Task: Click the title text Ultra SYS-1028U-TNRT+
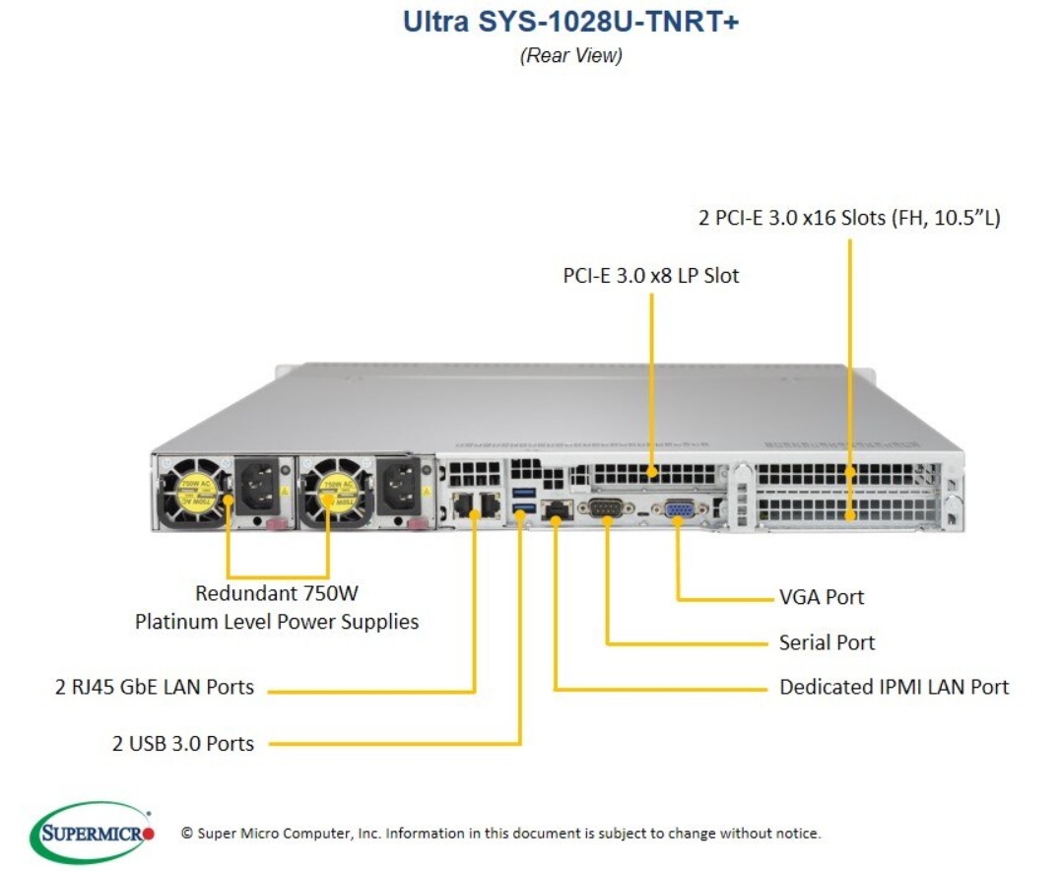[x=570, y=21]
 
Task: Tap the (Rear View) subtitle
[x=570, y=55]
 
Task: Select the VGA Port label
[x=822, y=597]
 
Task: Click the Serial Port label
[x=827, y=642]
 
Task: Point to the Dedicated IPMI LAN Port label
[x=895, y=687]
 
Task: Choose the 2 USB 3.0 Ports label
[x=183, y=743]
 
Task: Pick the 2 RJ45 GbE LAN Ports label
[x=155, y=687]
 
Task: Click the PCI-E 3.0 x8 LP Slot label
[x=651, y=276]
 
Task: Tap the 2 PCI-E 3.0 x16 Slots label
[x=849, y=218]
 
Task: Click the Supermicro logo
[x=92, y=833]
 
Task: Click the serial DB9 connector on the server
[x=606, y=507]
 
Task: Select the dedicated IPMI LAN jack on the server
[x=557, y=509]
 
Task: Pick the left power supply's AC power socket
[x=259, y=486]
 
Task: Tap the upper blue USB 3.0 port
[x=524, y=493]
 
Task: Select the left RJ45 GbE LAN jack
[x=463, y=504]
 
